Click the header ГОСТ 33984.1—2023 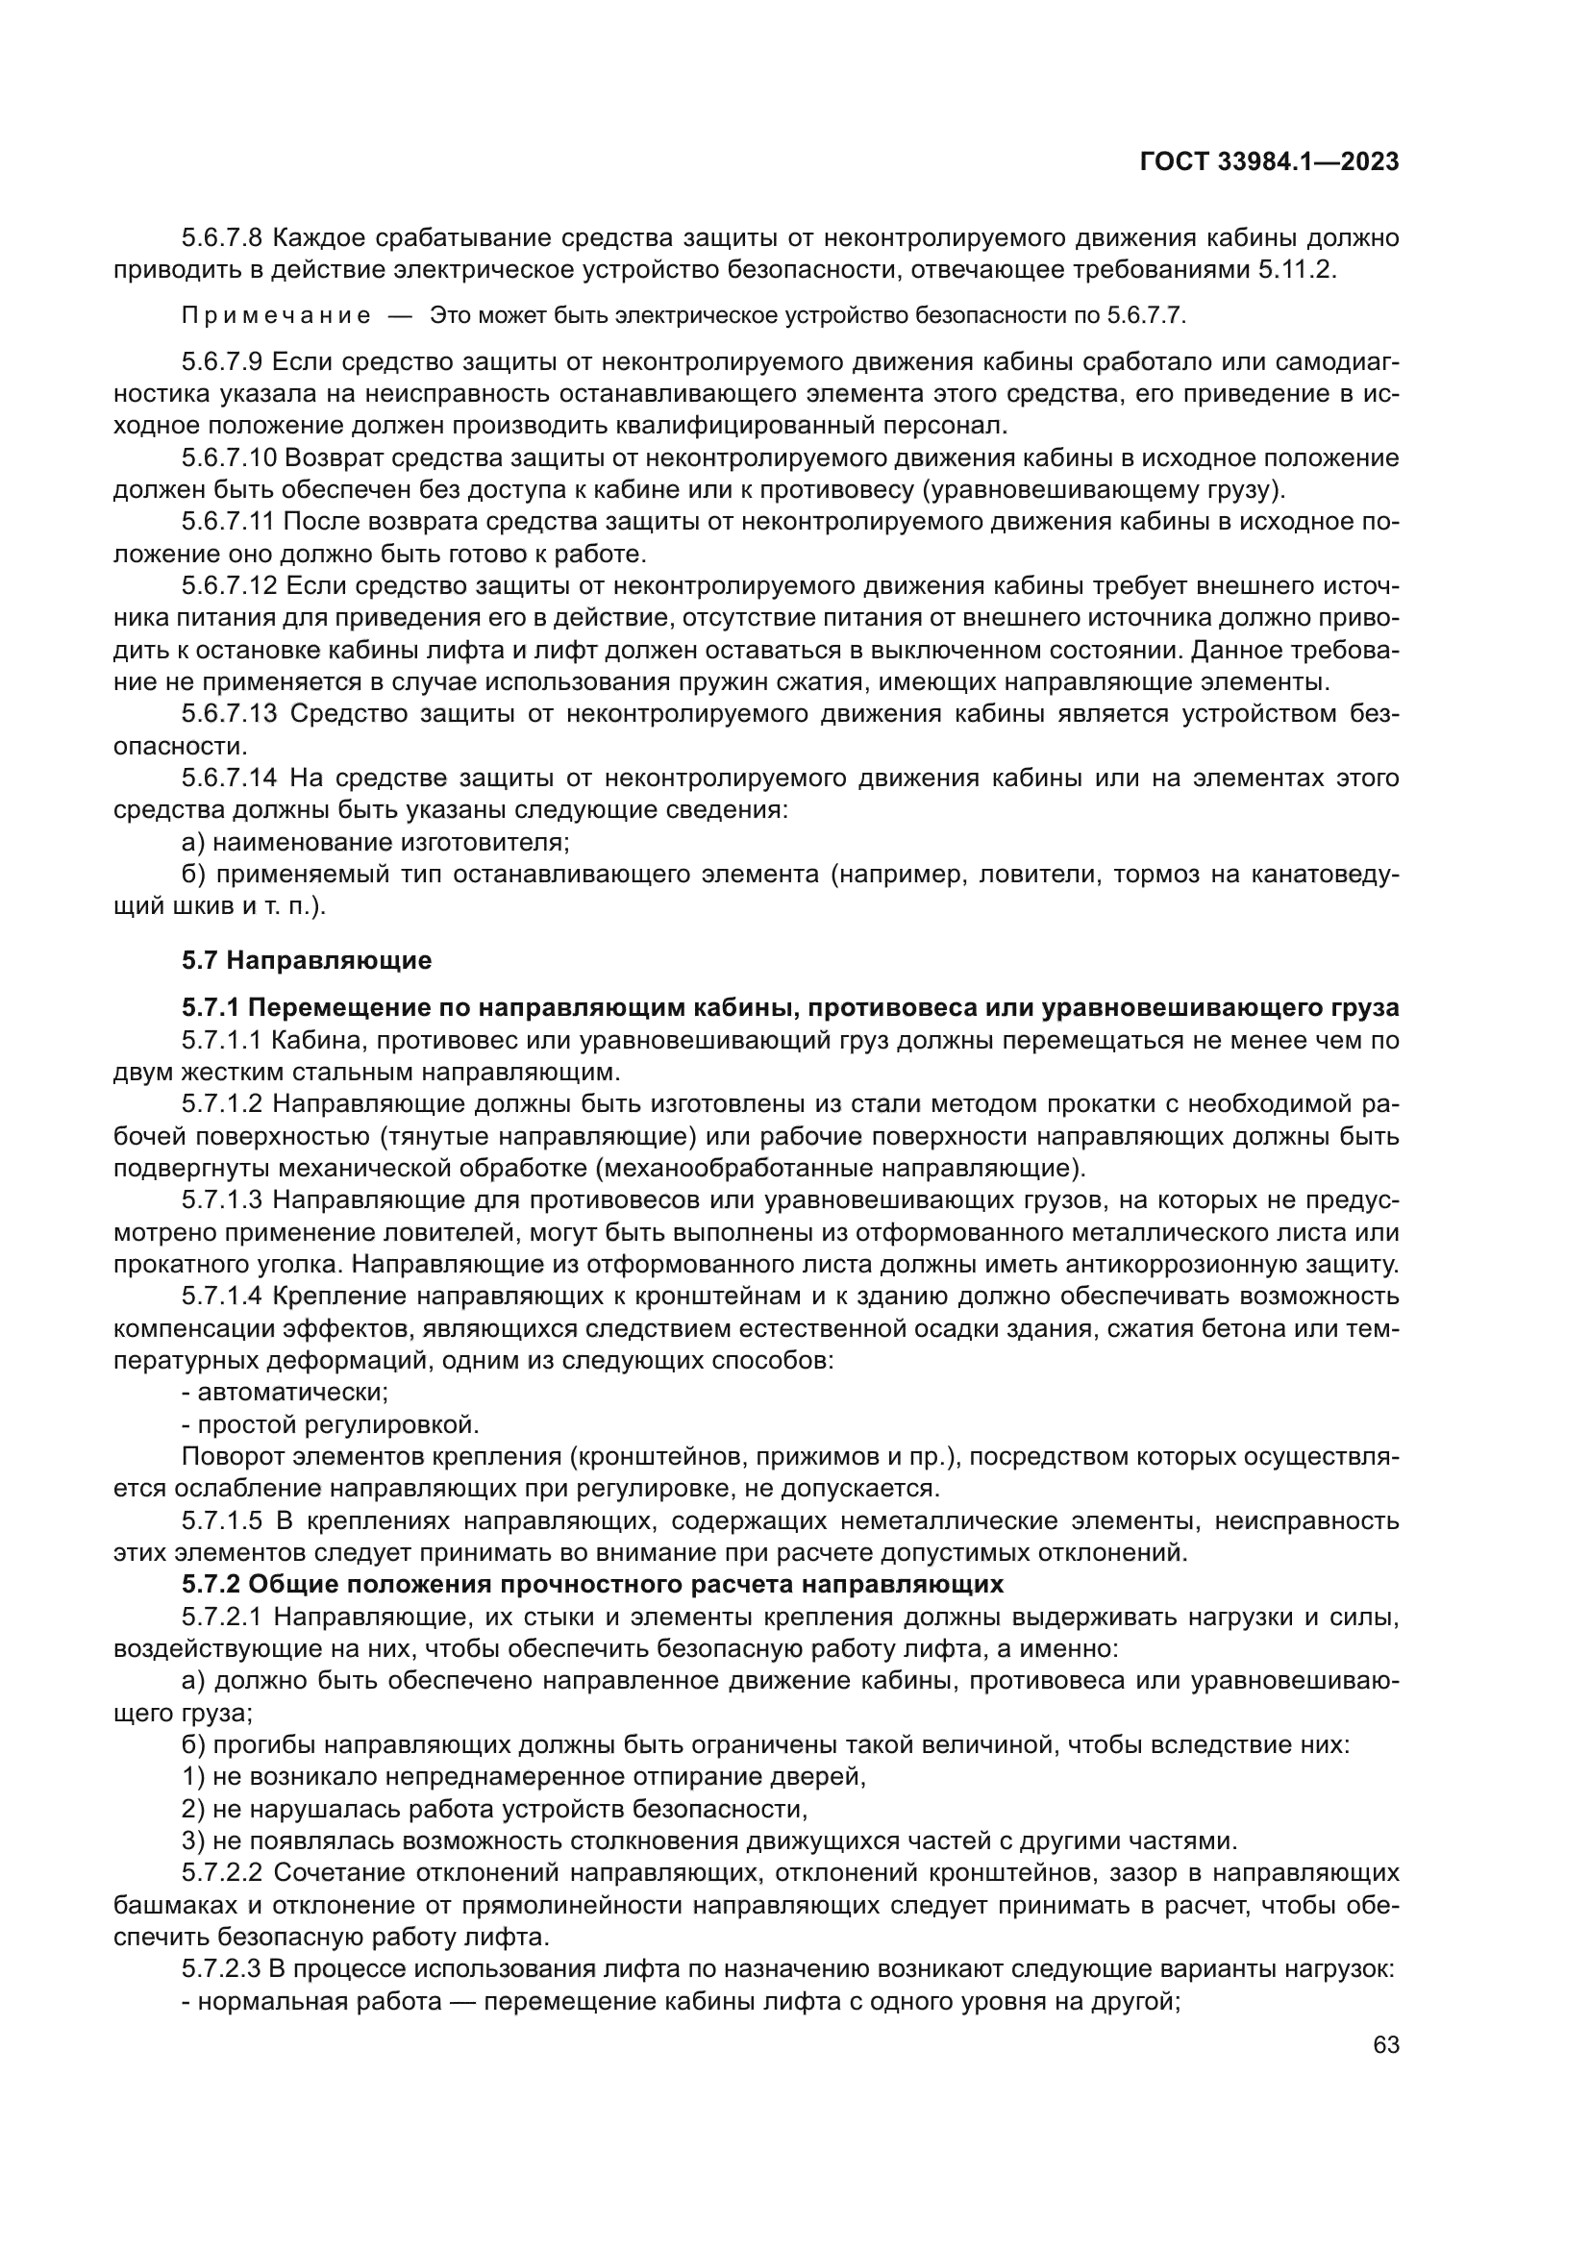pyautogui.click(x=1269, y=162)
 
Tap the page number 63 pyautogui.click(x=1385, y=2044)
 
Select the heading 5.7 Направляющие pyautogui.click(x=307, y=959)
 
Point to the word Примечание pyautogui.click(x=276, y=315)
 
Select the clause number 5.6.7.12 pyautogui.click(x=229, y=585)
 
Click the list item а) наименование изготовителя pyautogui.click(x=376, y=842)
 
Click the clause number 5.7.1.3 pyautogui.click(x=222, y=1199)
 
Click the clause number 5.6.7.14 pyautogui.click(x=229, y=778)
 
